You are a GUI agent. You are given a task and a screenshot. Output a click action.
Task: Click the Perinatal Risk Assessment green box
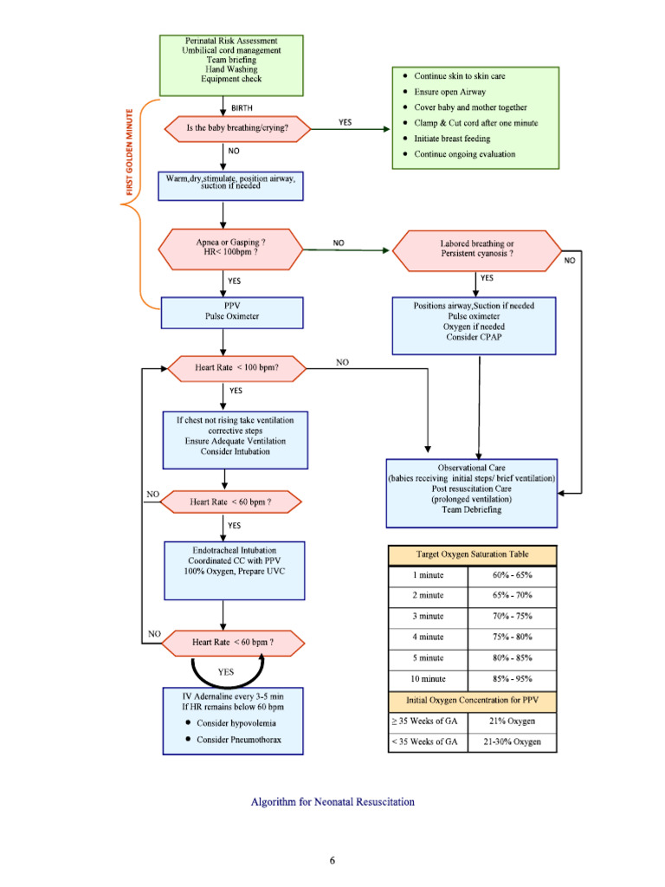tap(230, 64)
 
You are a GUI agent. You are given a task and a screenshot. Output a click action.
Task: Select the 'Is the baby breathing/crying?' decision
tap(236, 129)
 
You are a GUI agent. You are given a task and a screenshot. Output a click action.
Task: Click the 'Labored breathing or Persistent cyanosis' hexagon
tap(476, 249)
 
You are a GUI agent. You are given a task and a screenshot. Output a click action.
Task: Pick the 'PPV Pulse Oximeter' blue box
tap(231, 312)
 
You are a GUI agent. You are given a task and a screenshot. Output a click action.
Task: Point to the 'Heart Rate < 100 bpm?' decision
tap(236, 367)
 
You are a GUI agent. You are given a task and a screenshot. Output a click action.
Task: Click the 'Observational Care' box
tap(471, 493)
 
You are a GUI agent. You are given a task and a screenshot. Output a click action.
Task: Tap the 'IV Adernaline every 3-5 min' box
tap(233, 720)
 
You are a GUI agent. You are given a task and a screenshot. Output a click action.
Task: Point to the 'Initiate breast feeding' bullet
tap(451, 139)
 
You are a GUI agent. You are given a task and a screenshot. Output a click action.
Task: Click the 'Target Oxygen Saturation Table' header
tap(472, 554)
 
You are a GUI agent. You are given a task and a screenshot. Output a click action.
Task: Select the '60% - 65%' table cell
tap(513, 575)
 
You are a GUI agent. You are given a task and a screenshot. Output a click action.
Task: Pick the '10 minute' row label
tap(428, 678)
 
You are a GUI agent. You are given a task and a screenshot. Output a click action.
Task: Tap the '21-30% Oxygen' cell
tap(513, 742)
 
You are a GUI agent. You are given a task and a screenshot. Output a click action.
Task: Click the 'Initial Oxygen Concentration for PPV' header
tap(472, 699)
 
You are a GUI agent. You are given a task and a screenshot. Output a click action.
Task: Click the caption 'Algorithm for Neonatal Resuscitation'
tap(332, 802)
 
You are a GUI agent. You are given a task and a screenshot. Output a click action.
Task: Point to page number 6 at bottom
tap(332, 859)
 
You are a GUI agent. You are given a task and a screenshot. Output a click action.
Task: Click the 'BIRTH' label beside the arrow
tap(242, 107)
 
